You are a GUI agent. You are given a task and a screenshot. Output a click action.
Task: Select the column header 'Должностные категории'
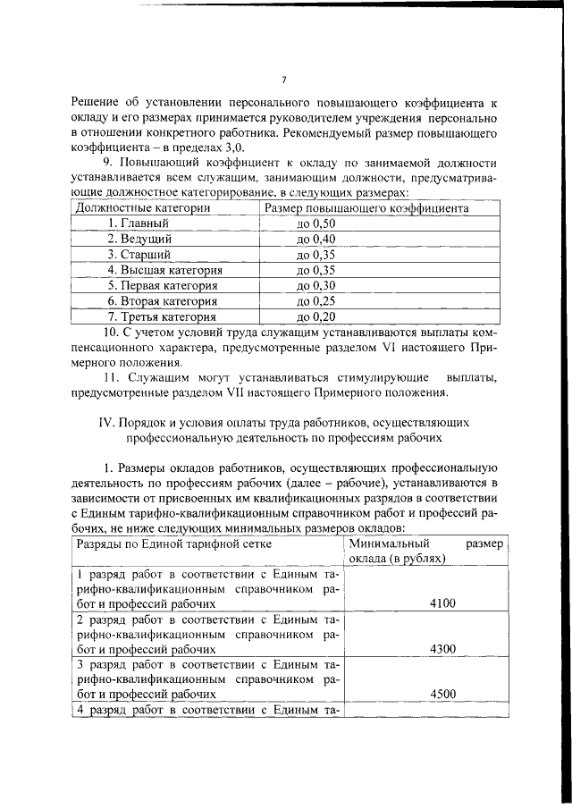144,208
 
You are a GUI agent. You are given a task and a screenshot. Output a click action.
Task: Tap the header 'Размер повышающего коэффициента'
366,208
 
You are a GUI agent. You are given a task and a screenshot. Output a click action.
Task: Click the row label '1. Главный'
134,223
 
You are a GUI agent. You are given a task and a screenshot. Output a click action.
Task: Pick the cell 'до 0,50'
315,223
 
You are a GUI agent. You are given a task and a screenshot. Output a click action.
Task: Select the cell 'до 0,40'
315,239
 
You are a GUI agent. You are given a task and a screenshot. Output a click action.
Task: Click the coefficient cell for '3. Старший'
315,255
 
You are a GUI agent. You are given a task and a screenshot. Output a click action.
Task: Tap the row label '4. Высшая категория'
165,270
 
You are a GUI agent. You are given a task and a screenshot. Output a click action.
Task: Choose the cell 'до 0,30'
315,285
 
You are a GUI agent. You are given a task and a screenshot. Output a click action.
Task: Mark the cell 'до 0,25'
315,301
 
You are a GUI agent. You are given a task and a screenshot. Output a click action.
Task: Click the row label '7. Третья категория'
162,316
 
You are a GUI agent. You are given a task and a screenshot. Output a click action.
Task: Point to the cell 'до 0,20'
315,316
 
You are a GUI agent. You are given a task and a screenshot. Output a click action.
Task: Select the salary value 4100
442,603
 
